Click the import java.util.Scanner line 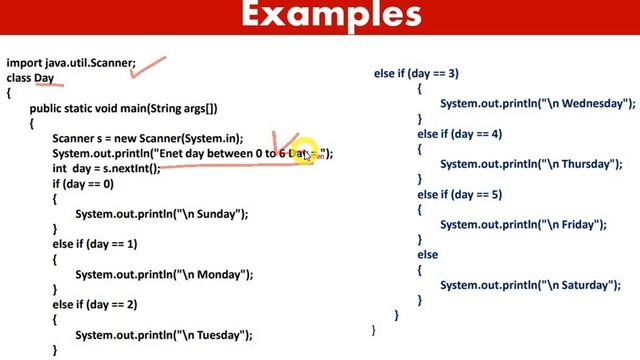pos(71,62)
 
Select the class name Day pos(44,78)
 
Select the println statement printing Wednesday pos(537,103)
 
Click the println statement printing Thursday pos(530,164)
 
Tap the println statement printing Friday pos(523,225)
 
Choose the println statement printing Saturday pos(530,285)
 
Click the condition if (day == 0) pos(83,184)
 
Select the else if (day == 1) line pos(95,244)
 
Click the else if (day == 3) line pos(416,73)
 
